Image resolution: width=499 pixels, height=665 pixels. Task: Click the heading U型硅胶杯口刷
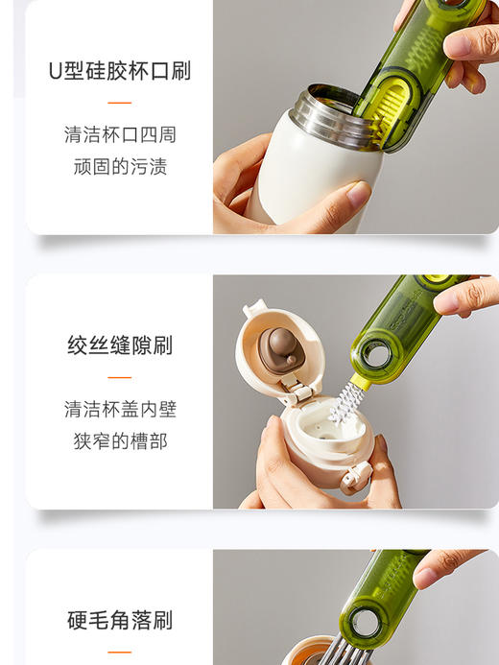119,71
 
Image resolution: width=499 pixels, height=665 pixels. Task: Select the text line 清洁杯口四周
119,134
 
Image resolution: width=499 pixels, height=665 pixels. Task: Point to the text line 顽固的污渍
119,167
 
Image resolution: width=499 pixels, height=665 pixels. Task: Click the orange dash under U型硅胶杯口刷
119,102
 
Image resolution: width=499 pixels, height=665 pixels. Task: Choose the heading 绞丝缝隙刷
119,345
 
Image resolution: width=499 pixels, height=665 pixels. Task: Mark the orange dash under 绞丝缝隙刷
119,377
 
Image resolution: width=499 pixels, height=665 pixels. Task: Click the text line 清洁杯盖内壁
119,410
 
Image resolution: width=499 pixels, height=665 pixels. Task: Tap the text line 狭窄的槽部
119,441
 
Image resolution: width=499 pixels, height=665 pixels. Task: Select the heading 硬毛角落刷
119,620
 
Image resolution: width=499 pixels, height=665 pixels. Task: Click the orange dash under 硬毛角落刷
119,652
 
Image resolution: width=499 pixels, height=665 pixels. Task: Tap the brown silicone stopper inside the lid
281,349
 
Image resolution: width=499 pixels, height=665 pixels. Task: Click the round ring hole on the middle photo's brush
376,355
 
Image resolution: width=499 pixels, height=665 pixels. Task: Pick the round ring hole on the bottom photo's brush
365,623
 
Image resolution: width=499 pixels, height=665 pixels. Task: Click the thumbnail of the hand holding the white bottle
288,192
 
